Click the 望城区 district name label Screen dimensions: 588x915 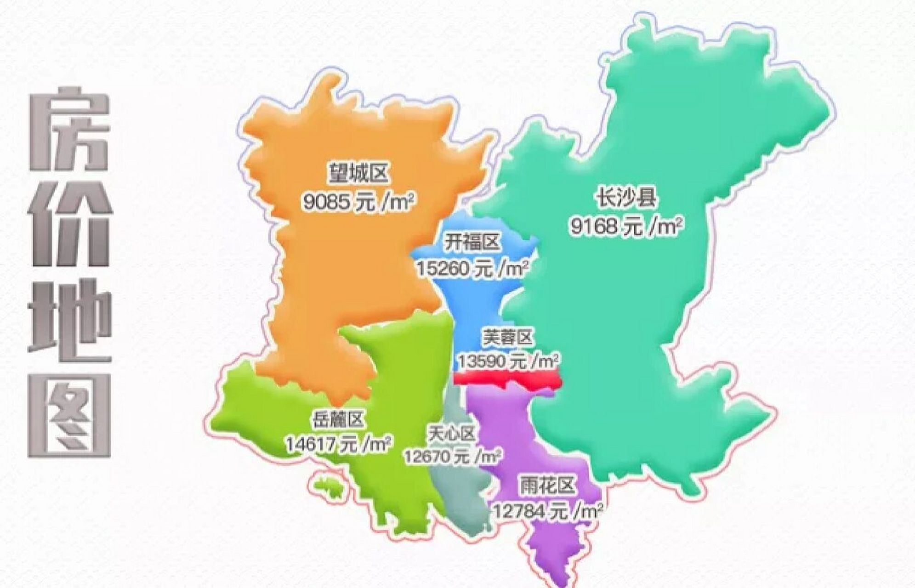coord(357,173)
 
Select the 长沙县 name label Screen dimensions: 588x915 coord(626,198)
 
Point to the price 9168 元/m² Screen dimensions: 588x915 coord(626,226)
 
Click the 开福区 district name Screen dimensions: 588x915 coord(472,243)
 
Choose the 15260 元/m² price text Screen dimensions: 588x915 coord(472,269)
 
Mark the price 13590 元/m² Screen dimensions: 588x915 coord(507,362)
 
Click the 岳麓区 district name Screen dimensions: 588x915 coord(338,418)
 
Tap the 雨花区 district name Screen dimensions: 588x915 coord(548,486)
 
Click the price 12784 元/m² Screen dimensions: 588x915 coord(548,511)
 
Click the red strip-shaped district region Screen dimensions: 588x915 coord(507,379)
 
